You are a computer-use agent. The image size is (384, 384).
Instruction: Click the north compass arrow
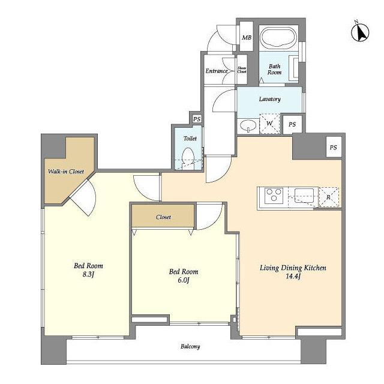point(360,32)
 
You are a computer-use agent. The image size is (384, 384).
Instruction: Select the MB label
point(247,38)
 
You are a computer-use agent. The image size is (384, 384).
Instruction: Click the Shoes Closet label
point(242,70)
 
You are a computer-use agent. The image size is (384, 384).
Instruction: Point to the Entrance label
point(217,71)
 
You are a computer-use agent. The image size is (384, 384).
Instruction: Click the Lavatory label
point(269,99)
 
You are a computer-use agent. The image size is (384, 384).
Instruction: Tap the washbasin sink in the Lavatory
point(248,126)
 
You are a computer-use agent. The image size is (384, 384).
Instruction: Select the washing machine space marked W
point(269,124)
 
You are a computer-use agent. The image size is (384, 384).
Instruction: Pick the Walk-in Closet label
point(66,172)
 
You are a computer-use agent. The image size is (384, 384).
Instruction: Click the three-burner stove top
point(274,195)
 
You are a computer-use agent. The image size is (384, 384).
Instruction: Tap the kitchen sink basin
point(304,196)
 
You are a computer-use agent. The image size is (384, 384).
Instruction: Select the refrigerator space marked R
point(329,197)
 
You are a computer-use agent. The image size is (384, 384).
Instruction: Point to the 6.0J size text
point(184,280)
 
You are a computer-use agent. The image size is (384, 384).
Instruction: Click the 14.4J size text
point(293,277)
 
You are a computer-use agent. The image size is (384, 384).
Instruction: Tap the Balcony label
point(190,347)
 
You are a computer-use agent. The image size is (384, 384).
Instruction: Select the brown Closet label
point(163,217)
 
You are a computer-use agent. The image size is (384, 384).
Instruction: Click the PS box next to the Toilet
point(197,119)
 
